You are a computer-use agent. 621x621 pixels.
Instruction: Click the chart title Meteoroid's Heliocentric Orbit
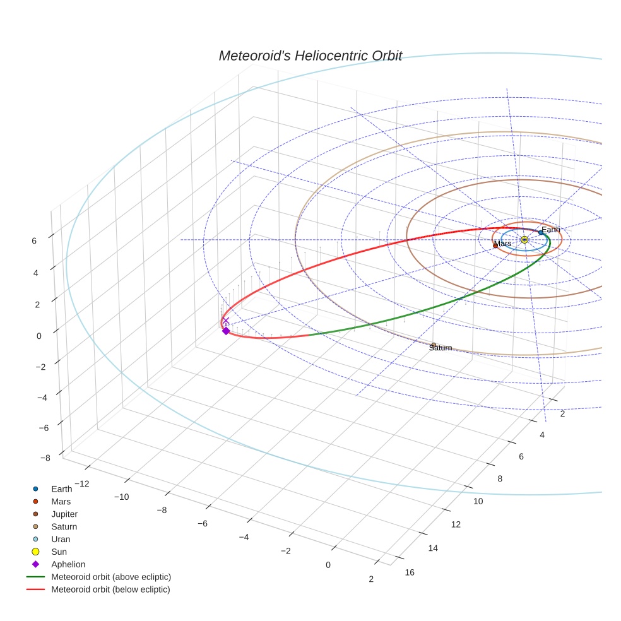click(x=310, y=56)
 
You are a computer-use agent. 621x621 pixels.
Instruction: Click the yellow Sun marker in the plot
click(x=524, y=239)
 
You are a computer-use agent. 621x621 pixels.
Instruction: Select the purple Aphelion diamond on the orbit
click(x=226, y=331)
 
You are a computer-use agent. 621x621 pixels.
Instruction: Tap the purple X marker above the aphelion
click(x=226, y=321)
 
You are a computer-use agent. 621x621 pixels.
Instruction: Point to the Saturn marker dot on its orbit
click(x=434, y=345)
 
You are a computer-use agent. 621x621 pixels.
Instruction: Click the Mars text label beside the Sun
click(x=503, y=244)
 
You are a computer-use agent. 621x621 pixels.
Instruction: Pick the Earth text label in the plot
click(x=550, y=230)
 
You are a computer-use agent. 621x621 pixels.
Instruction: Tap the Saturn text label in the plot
click(x=441, y=348)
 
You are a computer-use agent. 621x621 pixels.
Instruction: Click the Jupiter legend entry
click(x=64, y=514)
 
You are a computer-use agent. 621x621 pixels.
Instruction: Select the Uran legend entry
click(x=61, y=539)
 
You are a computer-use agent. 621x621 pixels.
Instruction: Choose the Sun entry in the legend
click(x=59, y=552)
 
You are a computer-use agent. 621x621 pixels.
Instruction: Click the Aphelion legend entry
click(x=68, y=564)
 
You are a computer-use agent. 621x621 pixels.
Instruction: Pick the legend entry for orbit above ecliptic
click(x=111, y=577)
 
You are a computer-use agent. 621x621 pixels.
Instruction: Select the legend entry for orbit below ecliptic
click(x=110, y=589)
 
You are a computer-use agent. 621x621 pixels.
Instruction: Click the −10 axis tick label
click(x=121, y=497)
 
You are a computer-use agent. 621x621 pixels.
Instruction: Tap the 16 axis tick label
click(x=410, y=572)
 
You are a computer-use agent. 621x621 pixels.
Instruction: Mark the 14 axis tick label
click(x=433, y=548)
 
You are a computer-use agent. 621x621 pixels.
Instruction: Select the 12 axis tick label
click(x=456, y=524)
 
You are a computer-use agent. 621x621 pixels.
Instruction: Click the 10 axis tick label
click(x=478, y=501)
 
